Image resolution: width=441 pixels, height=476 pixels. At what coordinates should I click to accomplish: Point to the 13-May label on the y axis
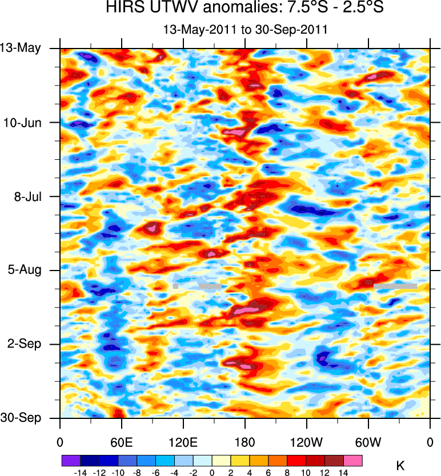[21, 48]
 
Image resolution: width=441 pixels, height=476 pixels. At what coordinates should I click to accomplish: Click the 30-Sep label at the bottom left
[21, 418]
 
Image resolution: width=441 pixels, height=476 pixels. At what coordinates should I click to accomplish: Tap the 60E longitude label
[122, 441]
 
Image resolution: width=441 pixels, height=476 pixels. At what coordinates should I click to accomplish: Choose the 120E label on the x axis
[183, 441]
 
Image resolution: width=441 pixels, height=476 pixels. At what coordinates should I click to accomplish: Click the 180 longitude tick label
[245, 441]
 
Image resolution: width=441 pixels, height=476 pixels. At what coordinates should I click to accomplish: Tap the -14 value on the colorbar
[80, 473]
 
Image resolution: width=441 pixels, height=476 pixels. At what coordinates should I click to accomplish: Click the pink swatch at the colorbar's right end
[353, 459]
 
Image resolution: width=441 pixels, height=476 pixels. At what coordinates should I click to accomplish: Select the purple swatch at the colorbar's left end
[70, 459]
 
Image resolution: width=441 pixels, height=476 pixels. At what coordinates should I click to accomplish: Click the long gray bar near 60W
[395, 284]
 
